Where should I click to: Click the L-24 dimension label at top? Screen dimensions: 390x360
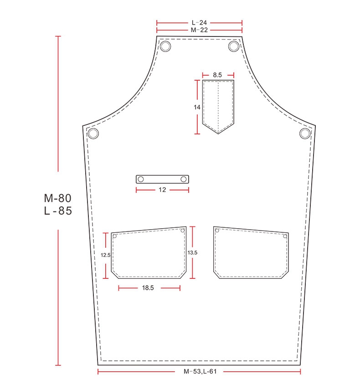(x=199, y=22)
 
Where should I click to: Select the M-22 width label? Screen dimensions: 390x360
(x=199, y=30)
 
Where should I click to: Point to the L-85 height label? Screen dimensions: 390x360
(x=58, y=211)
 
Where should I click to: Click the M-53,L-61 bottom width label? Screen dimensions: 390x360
(x=200, y=372)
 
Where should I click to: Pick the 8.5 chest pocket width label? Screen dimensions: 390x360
(x=218, y=74)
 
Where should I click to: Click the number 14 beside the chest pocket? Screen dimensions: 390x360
(x=197, y=107)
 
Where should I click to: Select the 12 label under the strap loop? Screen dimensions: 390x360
(x=162, y=190)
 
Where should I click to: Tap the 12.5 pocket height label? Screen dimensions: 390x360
(x=106, y=255)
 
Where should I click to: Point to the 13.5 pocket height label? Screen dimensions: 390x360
(x=193, y=252)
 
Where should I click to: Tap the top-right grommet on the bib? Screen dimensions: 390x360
(x=234, y=46)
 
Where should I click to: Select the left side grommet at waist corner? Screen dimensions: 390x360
(x=93, y=133)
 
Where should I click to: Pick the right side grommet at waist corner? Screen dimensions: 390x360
(x=305, y=133)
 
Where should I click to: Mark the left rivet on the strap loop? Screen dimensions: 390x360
(x=141, y=179)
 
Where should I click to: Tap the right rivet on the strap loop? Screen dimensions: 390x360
(x=184, y=179)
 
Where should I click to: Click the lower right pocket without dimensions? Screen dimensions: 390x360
(x=251, y=253)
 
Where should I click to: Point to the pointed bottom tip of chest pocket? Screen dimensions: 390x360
(x=218, y=133)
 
